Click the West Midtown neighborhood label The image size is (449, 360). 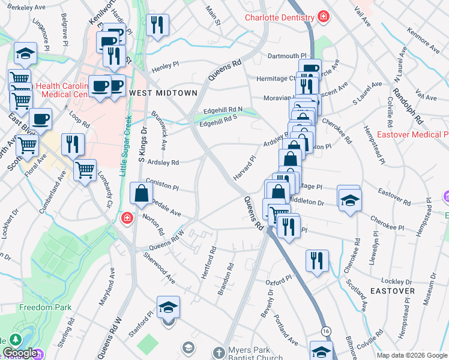pyautogui.click(x=163, y=93)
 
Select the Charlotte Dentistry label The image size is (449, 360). pyautogui.click(x=281, y=17)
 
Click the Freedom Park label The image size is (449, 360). pyautogui.click(x=45, y=307)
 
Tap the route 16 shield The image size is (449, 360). pyautogui.click(x=326, y=331)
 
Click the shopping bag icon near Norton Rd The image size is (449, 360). pyautogui.click(x=140, y=194)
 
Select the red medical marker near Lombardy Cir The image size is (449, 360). pyautogui.click(x=127, y=217)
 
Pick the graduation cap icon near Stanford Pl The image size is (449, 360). pyautogui.click(x=168, y=308)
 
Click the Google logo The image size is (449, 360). pyautogui.click(x=19, y=353)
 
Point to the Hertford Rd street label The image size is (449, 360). pyautogui.click(x=212, y=257)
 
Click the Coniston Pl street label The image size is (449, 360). pyautogui.click(x=163, y=187)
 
